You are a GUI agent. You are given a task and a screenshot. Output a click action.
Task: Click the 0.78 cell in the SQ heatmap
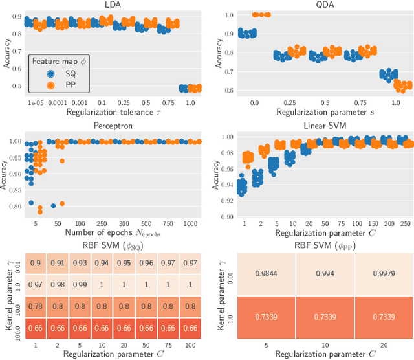tap(38, 306)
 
